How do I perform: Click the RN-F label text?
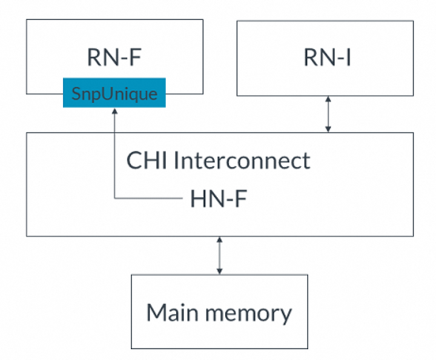[114, 58]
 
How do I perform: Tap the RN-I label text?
[327, 58]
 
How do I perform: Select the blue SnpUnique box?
[114, 93]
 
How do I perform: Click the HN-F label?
[219, 199]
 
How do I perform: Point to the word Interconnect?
[242, 160]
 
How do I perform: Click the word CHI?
[147, 160]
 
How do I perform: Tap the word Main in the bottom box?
[173, 312]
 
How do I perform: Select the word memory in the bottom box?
[249, 315]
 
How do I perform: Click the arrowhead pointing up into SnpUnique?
[114, 111]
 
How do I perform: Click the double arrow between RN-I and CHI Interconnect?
[328, 114]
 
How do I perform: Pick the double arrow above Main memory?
[219, 256]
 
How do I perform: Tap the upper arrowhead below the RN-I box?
[328, 99]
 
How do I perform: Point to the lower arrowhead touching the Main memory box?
[219, 272]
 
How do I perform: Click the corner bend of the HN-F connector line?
[114, 198]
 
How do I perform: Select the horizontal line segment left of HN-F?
[148, 198]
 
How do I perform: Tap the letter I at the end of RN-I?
[348, 58]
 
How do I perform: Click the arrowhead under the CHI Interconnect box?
[219, 240]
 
